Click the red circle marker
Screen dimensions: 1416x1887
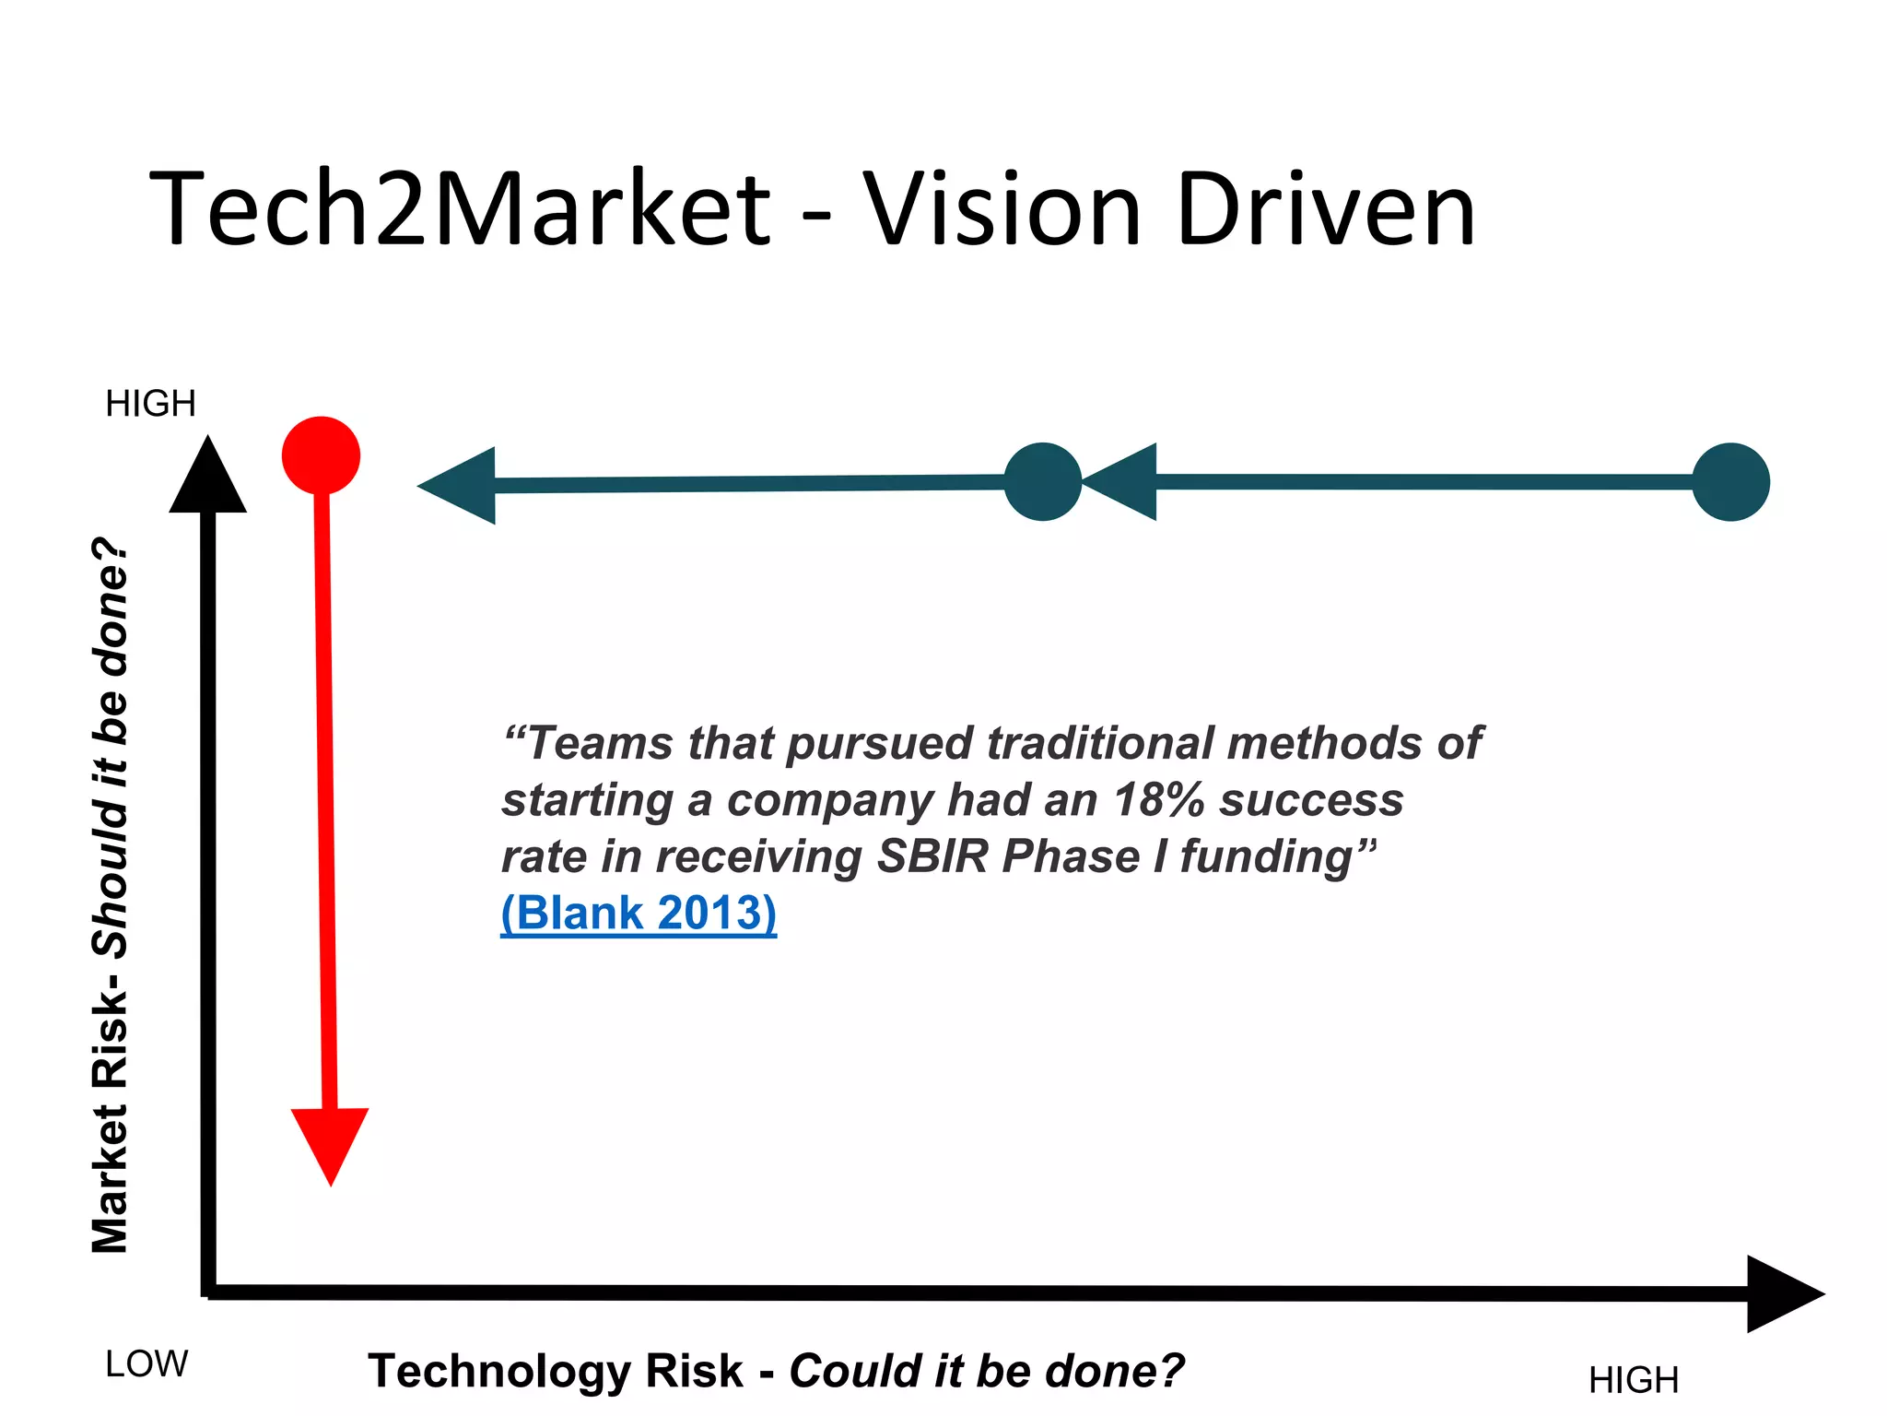coord(321,455)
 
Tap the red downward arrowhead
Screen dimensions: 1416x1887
coord(330,1140)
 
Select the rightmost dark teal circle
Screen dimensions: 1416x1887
coord(1730,482)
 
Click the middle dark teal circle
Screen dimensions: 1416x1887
coord(1042,482)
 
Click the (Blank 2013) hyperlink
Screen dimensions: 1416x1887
coord(639,914)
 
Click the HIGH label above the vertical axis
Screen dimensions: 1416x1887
coord(150,404)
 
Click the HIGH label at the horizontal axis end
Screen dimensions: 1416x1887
coord(1633,1380)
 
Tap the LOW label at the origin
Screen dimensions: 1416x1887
coord(147,1363)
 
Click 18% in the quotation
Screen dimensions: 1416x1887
coord(1158,800)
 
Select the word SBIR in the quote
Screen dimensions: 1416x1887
coord(932,856)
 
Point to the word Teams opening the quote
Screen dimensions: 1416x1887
coord(598,743)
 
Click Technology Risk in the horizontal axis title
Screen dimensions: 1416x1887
coord(555,1371)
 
